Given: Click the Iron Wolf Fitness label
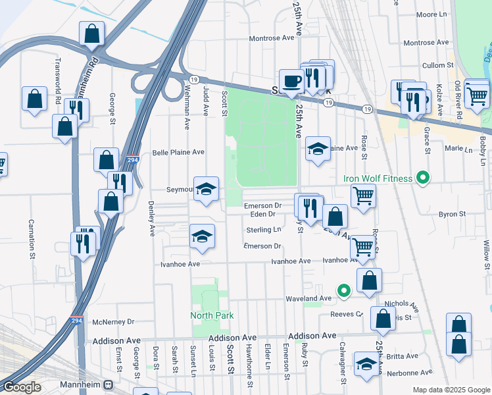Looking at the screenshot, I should pyautogui.click(x=378, y=178).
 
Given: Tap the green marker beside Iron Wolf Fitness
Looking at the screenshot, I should pyautogui.click(x=424, y=178).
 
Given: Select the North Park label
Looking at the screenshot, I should pyautogui.click(x=212, y=315).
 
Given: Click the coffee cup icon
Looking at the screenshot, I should pyautogui.click(x=291, y=82).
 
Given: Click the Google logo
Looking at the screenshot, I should pyautogui.click(x=22, y=387).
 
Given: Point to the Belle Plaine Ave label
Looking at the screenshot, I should pyautogui.click(x=178, y=152).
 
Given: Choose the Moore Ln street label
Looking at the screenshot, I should pyautogui.click(x=431, y=14).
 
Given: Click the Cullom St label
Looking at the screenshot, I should pyautogui.click(x=438, y=66).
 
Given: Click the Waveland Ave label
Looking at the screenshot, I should pyautogui.click(x=308, y=298).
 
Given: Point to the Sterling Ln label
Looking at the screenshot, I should pyautogui.click(x=263, y=230).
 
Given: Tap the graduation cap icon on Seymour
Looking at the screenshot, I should pyautogui.click(x=206, y=189).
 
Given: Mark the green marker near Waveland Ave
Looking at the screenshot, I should pyautogui.click(x=342, y=290).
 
